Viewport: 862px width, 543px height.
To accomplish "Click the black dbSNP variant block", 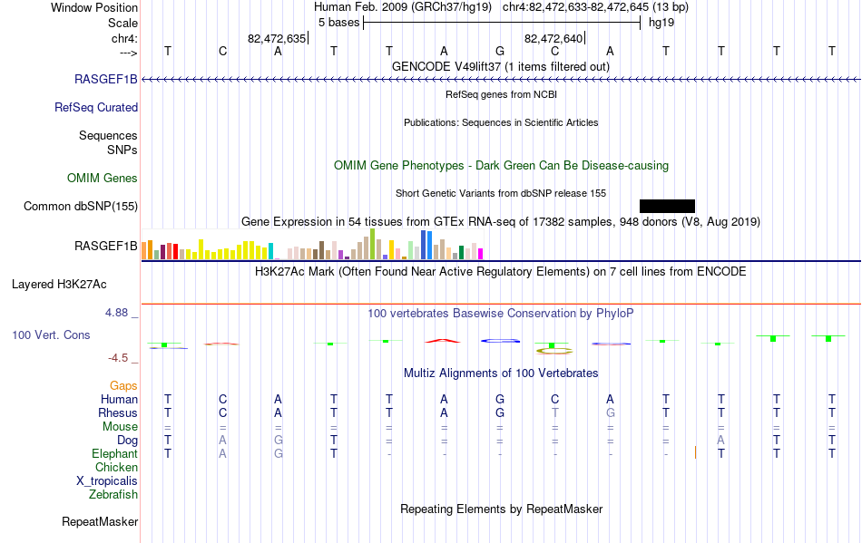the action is pyautogui.click(x=668, y=206).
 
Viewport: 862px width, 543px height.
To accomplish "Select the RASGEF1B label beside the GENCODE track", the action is pyautogui.click(x=106, y=80).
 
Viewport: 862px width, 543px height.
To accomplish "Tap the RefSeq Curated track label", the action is pyautogui.click(x=96, y=108).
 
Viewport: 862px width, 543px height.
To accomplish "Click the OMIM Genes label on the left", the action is pyautogui.click(x=103, y=179).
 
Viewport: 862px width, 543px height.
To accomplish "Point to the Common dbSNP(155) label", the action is pyautogui.click(x=81, y=207).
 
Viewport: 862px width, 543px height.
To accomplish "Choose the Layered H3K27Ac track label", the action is pyautogui.click(x=59, y=285).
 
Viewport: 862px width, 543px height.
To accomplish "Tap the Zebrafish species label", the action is pyautogui.click(x=113, y=495).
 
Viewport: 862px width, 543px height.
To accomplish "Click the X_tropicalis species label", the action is pyautogui.click(x=107, y=481).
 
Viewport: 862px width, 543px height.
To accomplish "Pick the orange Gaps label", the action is pyautogui.click(x=123, y=386).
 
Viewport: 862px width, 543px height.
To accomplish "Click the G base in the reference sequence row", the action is pyautogui.click(x=500, y=52).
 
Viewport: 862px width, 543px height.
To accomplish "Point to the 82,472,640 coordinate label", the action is pyautogui.click(x=553, y=38).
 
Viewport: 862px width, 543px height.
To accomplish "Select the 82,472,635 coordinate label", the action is pyautogui.click(x=277, y=38).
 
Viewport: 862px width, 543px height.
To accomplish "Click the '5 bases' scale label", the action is pyautogui.click(x=338, y=23).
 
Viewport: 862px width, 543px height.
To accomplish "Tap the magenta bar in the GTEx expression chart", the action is pyautogui.click(x=481, y=254).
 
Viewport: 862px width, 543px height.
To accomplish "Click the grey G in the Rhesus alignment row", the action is pyautogui.click(x=611, y=412).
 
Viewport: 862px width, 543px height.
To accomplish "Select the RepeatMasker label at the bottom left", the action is pyautogui.click(x=100, y=521).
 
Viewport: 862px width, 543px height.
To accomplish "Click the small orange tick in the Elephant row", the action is pyautogui.click(x=695, y=452).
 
